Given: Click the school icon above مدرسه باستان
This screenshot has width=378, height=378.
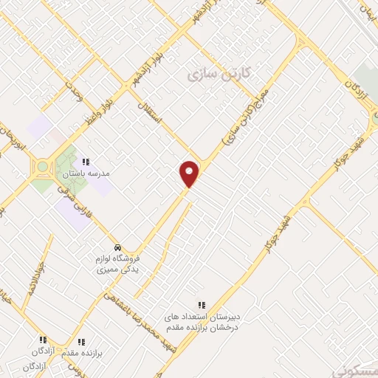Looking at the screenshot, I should click(x=86, y=161).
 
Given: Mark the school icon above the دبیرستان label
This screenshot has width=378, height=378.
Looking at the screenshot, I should click(x=201, y=305).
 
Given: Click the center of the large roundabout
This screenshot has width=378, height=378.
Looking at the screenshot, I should click(x=42, y=167).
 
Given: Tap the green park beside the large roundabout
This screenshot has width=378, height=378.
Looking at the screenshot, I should click(x=70, y=166).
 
